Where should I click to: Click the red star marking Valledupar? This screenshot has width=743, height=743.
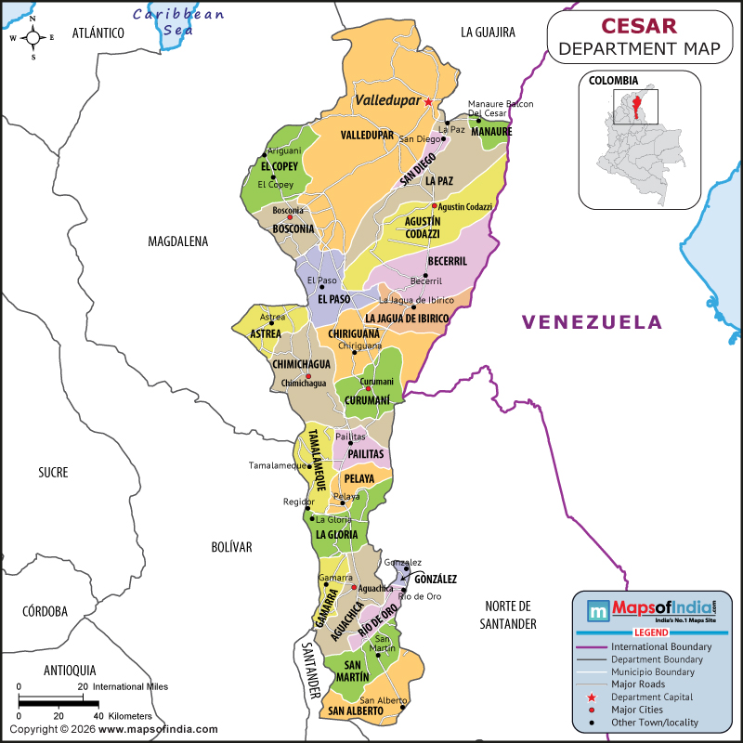tap(428, 101)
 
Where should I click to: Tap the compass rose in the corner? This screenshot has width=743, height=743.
tap(33, 37)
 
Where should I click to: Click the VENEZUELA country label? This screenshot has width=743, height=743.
tap(592, 322)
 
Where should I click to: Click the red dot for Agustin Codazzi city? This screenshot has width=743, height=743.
tap(434, 206)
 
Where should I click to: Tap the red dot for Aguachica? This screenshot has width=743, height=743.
tap(354, 588)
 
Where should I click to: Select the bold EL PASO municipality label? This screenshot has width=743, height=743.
tap(334, 300)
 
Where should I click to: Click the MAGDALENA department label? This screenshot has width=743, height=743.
tap(178, 241)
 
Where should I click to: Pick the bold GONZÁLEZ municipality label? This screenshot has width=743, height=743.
tap(436, 579)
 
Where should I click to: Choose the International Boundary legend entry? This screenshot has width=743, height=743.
tap(660, 646)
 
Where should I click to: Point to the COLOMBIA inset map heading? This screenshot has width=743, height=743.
tap(612, 80)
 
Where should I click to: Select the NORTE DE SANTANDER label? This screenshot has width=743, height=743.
tap(508, 614)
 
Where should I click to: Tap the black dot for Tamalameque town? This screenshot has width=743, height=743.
tap(307, 466)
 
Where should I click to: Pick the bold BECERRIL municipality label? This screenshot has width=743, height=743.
tap(448, 262)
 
